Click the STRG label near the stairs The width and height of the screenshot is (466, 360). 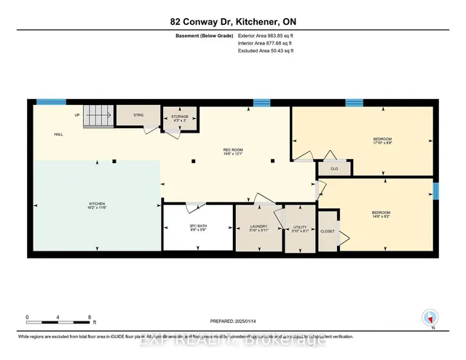(x=138, y=115)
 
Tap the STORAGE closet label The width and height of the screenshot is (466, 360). (x=179, y=117)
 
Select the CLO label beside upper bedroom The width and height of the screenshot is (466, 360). (x=334, y=168)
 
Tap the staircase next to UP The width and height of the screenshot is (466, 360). (x=98, y=115)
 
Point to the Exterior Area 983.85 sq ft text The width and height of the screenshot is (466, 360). (x=269, y=34)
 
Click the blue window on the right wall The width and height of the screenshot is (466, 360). (x=435, y=191)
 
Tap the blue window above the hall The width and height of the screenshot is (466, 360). (x=47, y=102)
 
